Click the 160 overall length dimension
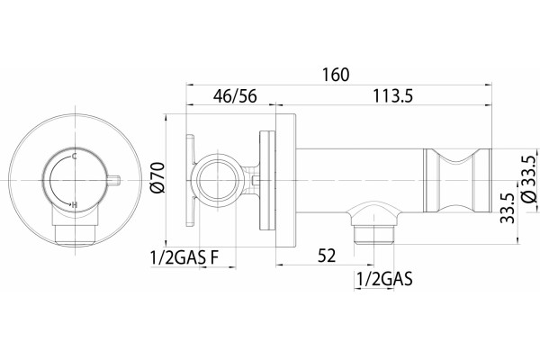coord(336,75)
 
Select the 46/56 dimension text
coord(235,95)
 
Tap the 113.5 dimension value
coord(393,95)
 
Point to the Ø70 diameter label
coord(158,178)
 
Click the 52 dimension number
coord(327,256)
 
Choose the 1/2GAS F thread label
coord(184,257)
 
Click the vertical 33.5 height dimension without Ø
coord(507,209)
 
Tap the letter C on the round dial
coord(75,157)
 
